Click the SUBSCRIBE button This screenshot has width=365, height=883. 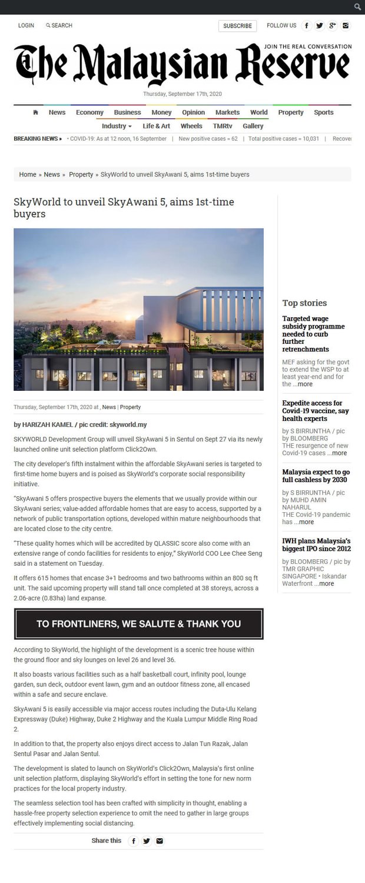coord(237,26)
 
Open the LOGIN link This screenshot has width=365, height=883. coord(26,26)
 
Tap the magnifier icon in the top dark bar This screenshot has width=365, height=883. coord(357,7)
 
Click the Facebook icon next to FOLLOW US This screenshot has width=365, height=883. coord(307,25)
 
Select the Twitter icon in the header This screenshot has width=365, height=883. coord(320,25)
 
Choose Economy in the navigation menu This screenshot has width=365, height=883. coord(89,112)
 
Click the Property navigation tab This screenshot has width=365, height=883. coord(291,112)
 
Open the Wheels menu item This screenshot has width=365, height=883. coord(191,126)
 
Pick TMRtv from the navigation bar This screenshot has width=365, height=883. coord(223,126)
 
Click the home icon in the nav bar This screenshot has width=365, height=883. coord(36,112)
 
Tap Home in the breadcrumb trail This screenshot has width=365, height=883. coord(28,174)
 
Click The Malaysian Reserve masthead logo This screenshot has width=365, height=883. coord(182,65)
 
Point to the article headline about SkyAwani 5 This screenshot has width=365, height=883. coord(124,207)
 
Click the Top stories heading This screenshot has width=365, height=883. coord(304,303)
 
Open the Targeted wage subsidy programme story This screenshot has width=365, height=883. coord(313,334)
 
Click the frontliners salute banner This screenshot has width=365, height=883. coord(138,624)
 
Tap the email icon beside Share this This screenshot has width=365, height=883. coord(160,841)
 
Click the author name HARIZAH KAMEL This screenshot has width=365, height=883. coord(47,424)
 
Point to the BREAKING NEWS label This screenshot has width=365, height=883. coord(37,139)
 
